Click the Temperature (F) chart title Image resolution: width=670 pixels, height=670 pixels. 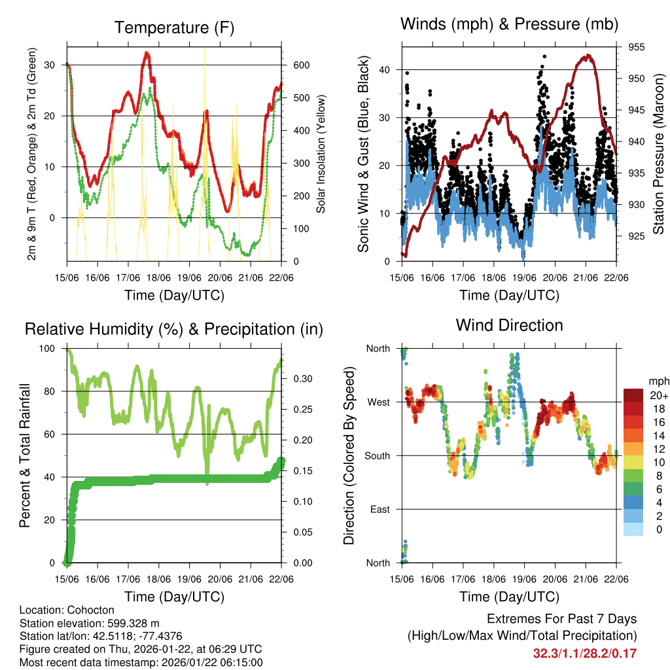pos(174,27)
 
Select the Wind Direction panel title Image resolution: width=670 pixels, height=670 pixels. pos(509,325)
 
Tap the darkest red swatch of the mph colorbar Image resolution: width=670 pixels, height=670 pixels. pos(633,395)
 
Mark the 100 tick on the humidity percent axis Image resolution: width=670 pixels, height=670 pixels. pos(53,349)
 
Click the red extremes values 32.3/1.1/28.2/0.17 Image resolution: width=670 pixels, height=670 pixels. pos(585,654)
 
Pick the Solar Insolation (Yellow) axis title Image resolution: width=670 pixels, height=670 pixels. pos(321,154)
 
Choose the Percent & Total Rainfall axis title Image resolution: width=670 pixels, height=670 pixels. pos(24,456)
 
